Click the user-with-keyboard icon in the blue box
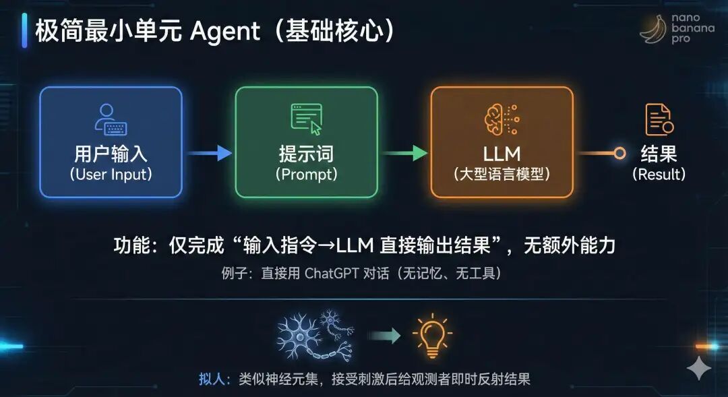(111, 119)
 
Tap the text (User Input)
(111, 175)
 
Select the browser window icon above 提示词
(307, 119)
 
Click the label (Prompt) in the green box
(306, 175)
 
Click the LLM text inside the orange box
(502, 153)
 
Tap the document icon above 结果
(659, 120)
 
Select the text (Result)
(659, 175)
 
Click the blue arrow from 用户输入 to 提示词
(209, 154)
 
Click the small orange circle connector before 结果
(619, 154)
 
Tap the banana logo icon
(653, 29)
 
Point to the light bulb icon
(431, 334)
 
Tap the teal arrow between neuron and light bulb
(385, 335)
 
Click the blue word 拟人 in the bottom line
(210, 379)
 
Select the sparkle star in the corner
(699, 369)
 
